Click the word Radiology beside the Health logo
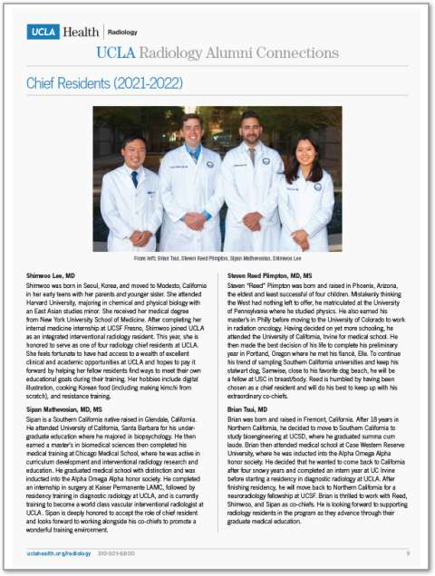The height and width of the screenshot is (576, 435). point(123,32)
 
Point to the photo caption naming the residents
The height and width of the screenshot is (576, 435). point(217,258)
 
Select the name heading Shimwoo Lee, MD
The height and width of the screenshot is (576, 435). point(51,273)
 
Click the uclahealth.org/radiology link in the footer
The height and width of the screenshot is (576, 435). point(54,552)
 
